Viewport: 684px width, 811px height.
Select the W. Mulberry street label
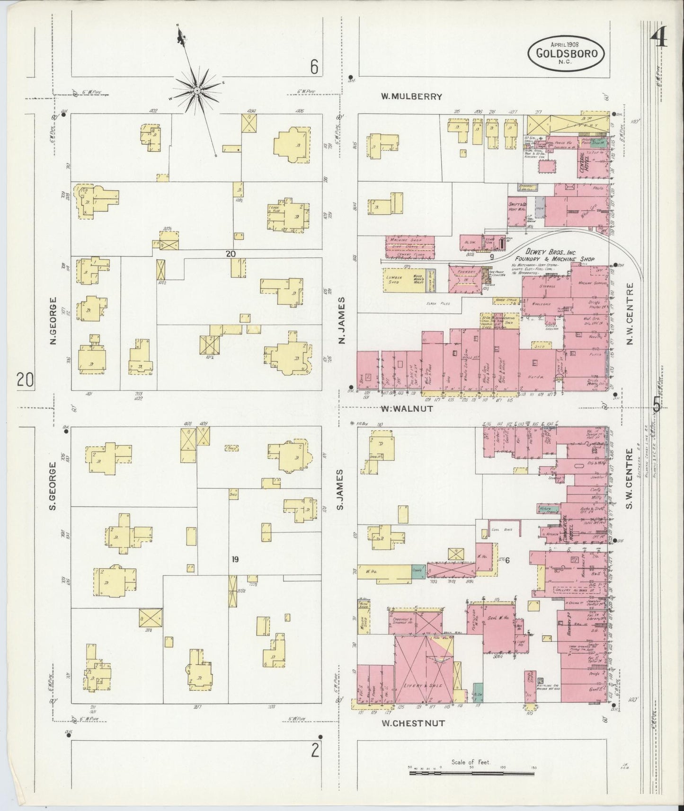pos(412,97)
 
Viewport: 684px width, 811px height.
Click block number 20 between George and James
pos(231,254)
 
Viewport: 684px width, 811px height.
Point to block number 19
pos(235,560)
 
